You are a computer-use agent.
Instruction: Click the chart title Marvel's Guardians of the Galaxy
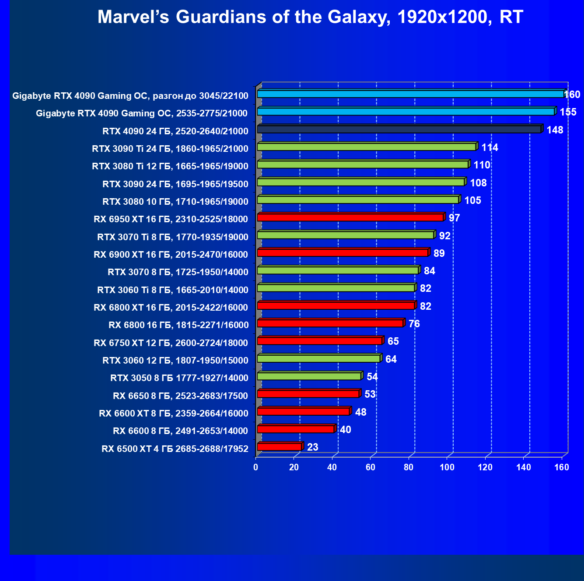point(310,17)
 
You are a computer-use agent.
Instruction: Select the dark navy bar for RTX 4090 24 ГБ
point(399,129)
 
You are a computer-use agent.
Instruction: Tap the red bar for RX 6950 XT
point(350,217)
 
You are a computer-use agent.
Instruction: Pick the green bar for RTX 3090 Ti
point(367,147)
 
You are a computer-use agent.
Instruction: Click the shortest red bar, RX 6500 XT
point(280,447)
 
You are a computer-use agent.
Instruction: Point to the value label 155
point(568,112)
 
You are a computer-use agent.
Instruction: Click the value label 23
point(313,447)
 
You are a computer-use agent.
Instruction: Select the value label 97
point(454,218)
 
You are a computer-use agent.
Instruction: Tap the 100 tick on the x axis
point(447,467)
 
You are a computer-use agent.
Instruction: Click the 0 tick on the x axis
point(256,467)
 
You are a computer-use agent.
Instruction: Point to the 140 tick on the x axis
point(524,467)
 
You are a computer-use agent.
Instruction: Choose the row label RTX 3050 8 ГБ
point(179,378)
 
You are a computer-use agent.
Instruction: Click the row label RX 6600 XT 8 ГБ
point(174,413)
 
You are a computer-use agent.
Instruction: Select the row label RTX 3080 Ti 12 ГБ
point(170,166)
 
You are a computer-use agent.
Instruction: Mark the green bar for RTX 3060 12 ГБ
point(318,359)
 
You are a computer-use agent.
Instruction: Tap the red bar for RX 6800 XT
point(336,306)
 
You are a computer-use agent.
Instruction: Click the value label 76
point(414,324)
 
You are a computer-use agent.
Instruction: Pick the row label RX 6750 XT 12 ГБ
point(171,343)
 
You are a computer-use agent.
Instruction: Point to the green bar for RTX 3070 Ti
point(346,235)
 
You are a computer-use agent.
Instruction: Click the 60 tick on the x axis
point(371,467)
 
